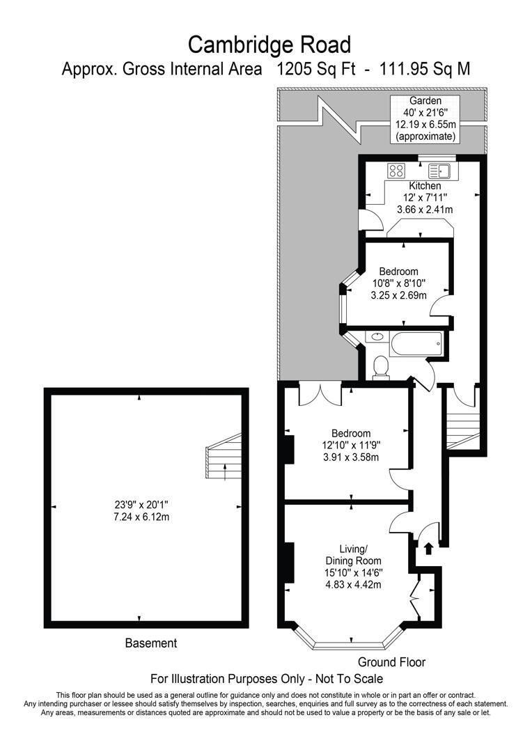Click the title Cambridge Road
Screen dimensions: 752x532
pyautogui.click(x=270, y=45)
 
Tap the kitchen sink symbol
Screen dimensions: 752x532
pyautogui.click(x=440, y=170)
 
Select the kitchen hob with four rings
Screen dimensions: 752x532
pyautogui.click(x=397, y=170)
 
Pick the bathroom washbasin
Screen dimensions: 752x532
pyautogui.click(x=377, y=337)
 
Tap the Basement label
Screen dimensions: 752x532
pyautogui.click(x=151, y=643)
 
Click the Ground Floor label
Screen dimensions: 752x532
pyautogui.click(x=391, y=661)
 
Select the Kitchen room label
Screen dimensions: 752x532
pyautogui.click(x=425, y=186)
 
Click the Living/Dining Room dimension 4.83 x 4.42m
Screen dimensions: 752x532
pyautogui.click(x=354, y=584)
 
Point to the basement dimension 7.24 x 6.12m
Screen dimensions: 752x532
pyautogui.click(x=142, y=517)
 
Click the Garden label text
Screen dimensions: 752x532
pyautogui.click(x=425, y=100)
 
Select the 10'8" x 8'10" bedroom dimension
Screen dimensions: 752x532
pyautogui.click(x=398, y=283)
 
